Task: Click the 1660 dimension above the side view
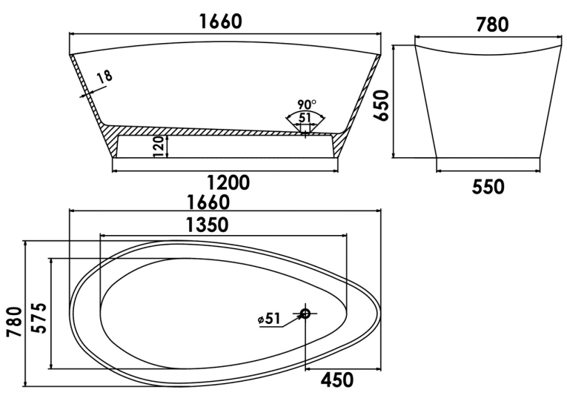[x=221, y=21]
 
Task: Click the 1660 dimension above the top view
[x=208, y=202]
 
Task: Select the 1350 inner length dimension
[x=208, y=225]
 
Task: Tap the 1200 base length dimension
[x=228, y=182]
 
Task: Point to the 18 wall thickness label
[x=105, y=77]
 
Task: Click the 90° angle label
[x=307, y=105]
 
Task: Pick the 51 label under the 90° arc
[x=305, y=118]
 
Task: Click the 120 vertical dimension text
[x=159, y=147]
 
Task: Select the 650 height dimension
[x=381, y=106]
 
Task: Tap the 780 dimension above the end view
[x=492, y=24]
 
